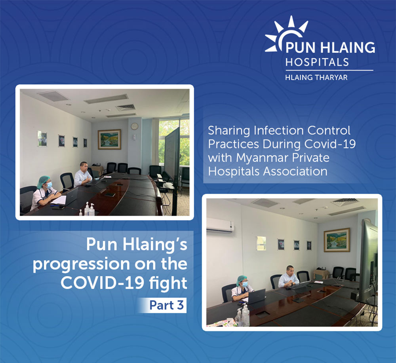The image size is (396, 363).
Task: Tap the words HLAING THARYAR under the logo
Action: pos(316,78)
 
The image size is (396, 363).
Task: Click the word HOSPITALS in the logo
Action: pos(317,62)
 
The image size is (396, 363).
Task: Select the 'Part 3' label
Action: pos(166,305)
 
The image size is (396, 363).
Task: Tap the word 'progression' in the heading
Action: pos(81,264)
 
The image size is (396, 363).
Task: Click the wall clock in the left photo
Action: pos(134,126)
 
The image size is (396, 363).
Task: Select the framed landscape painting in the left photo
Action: pos(109,139)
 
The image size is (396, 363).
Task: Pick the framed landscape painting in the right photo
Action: pos(337,240)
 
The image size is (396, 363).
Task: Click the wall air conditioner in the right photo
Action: pos(220,225)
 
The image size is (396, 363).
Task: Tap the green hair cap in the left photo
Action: pos(43,181)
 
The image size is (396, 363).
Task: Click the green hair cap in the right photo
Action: pos(242,279)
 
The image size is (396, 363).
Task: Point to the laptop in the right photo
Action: pos(256,296)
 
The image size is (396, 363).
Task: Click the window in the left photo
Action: pos(174,141)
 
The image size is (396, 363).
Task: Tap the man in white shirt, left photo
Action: pos(83,175)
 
